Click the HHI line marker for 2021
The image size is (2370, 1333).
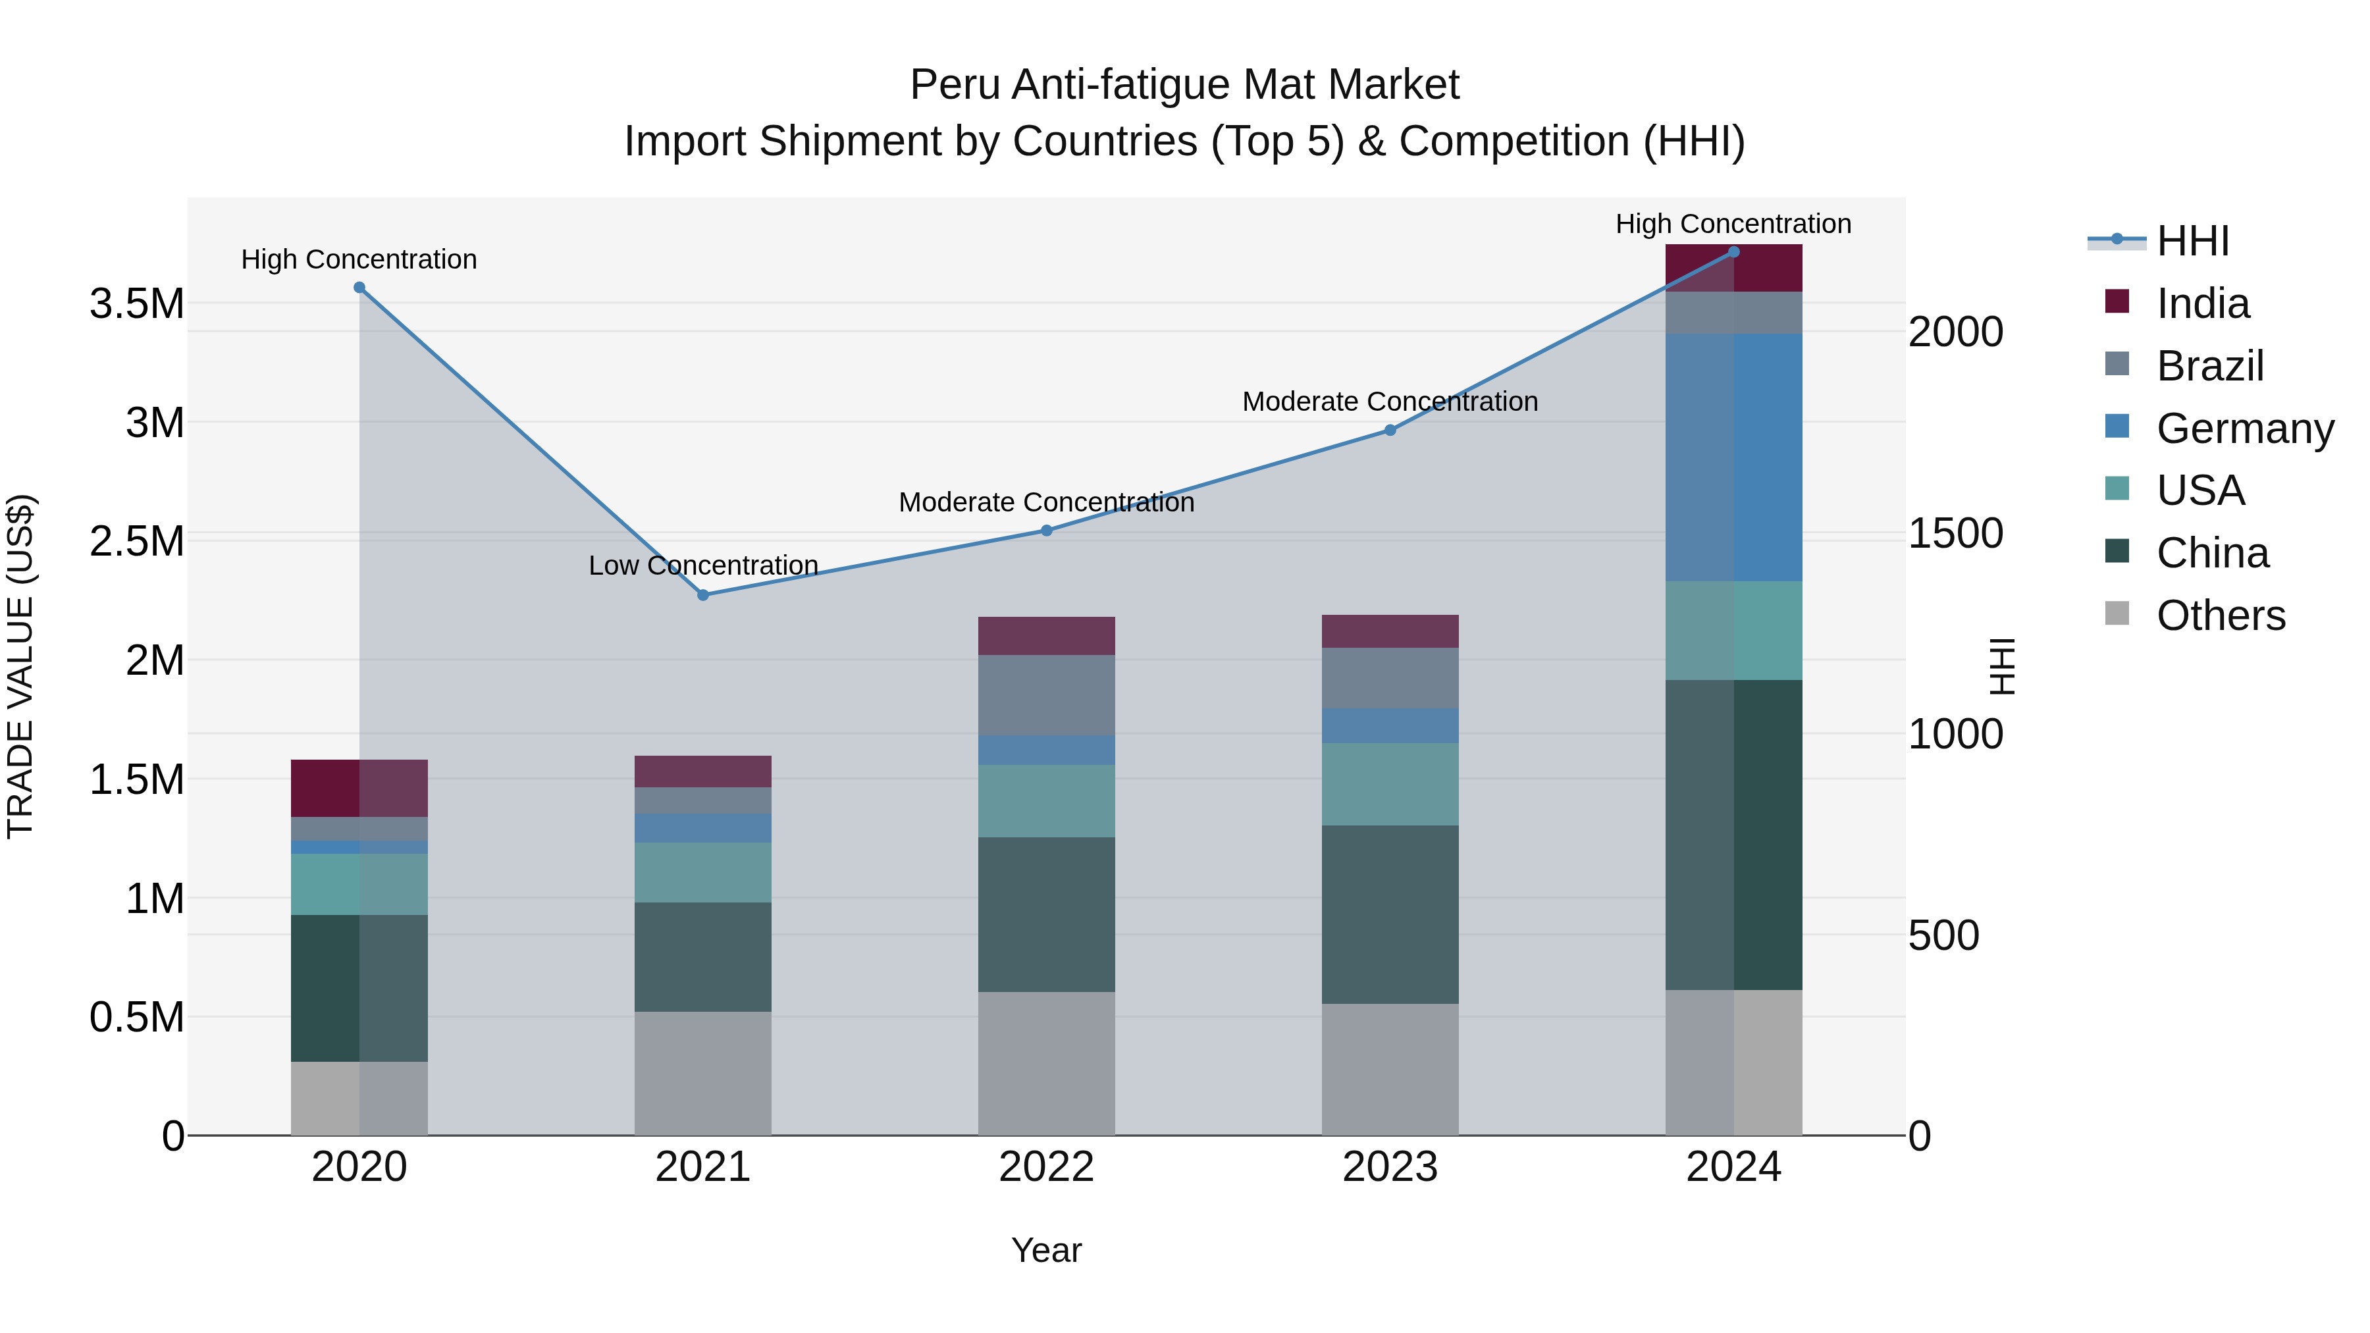pos(703,595)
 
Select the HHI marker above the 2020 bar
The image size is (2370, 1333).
pos(359,288)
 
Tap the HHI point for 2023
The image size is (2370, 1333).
pos(1390,431)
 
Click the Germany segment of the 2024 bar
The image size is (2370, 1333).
pos(1733,457)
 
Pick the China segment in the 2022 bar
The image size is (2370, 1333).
pos(1046,914)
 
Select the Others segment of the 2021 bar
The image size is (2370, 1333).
pos(703,1073)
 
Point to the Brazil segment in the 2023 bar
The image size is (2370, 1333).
pos(1390,678)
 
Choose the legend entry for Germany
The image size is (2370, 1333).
pos(2245,429)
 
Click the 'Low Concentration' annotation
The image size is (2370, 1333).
pos(703,565)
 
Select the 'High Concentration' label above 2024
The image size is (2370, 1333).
pos(1733,224)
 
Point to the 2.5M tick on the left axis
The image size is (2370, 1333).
pos(136,541)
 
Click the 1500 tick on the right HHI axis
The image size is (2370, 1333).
pos(1955,534)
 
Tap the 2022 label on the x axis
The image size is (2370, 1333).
pos(1046,1167)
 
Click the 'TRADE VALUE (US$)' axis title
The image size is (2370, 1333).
pos(20,666)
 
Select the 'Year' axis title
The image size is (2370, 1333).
pos(1046,1250)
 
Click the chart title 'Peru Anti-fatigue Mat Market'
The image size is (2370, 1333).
pos(1184,85)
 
